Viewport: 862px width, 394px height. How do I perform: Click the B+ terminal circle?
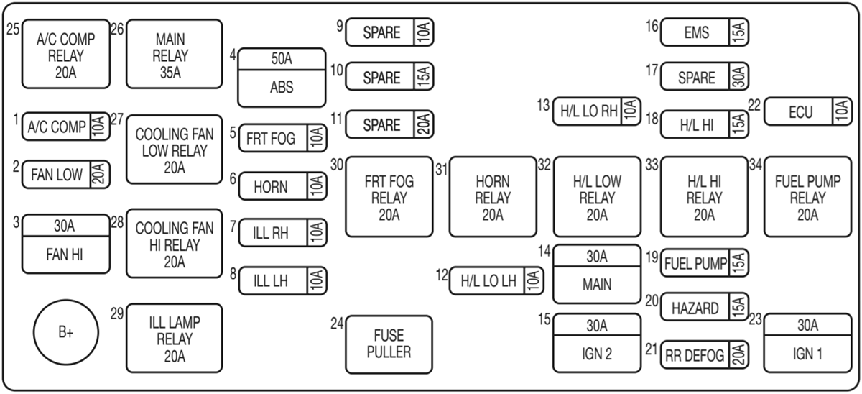click(66, 332)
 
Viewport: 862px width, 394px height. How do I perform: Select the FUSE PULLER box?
click(389, 344)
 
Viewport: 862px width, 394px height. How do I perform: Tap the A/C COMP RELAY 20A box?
click(66, 53)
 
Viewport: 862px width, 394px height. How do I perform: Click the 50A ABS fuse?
click(282, 78)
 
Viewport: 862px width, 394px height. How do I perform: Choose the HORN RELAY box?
click(493, 196)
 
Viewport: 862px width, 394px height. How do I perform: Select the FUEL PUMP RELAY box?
click(807, 196)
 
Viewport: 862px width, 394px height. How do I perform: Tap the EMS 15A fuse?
click(704, 33)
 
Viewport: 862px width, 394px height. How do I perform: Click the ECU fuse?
click(807, 112)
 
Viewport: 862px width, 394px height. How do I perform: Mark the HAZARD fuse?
click(704, 308)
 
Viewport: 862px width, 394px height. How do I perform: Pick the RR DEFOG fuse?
click(704, 354)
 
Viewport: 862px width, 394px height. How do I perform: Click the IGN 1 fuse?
click(807, 342)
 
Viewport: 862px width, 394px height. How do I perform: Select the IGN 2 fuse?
click(596, 342)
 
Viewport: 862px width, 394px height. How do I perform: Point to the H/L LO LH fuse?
click(496, 281)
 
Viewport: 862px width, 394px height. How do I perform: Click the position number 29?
click(118, 313)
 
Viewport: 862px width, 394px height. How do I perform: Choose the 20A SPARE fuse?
click(389, 124)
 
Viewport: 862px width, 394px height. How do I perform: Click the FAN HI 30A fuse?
click(65, 244)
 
